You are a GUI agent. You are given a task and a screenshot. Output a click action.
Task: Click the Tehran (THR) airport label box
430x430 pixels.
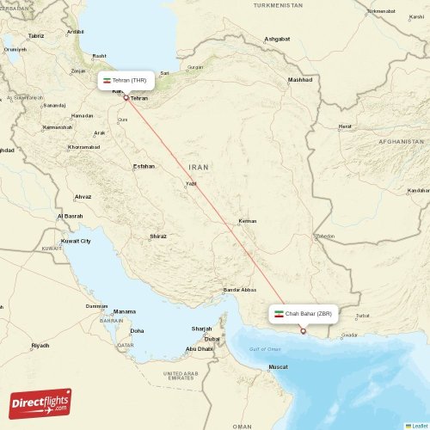point(126,80)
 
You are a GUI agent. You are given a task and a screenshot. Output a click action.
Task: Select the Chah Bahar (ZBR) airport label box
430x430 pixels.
point(304,314)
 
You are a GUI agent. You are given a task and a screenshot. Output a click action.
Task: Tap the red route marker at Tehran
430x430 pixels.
point(126,97)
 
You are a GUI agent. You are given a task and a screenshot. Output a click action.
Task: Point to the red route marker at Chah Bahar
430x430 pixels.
point(303,331)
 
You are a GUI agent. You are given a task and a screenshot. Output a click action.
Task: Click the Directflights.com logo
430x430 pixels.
point(40,402)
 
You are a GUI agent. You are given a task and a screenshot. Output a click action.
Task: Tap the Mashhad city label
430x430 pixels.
point(300,80)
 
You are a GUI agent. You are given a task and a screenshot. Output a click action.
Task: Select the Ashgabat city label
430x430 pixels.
point(277,40)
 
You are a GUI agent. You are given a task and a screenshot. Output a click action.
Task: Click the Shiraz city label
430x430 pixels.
point(157,235)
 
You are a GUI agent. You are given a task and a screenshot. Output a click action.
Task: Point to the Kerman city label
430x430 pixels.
point(248,221)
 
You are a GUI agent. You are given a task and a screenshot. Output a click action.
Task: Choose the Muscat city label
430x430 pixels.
point(278,367)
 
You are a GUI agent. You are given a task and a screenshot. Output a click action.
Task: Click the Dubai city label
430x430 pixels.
point(212,339)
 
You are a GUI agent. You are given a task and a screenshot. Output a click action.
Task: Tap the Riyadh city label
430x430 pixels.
point(40,345)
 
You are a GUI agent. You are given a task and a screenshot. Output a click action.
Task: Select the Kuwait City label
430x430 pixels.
point(75,241)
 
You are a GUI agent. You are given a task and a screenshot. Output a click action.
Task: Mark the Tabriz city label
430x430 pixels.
point(35,36)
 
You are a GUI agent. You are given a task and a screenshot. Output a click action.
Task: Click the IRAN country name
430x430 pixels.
point(199,166)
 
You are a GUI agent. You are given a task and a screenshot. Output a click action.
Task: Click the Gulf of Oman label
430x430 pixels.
point(265,348)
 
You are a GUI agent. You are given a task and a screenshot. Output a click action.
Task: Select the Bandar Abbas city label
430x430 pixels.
point(240,290)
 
